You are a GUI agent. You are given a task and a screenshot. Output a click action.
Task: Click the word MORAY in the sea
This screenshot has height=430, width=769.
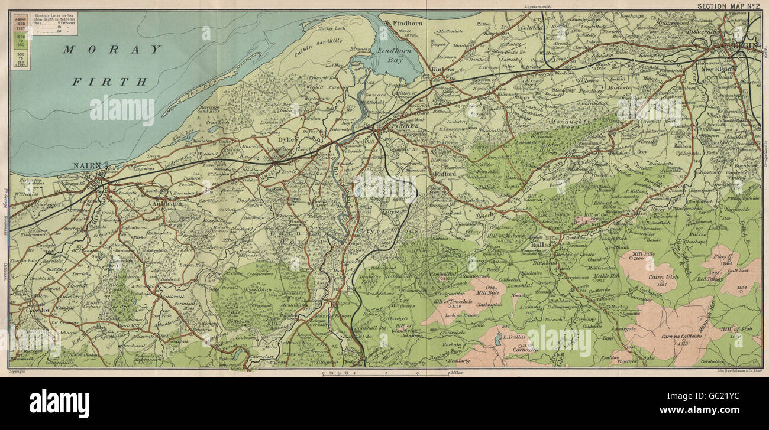(x=112, y=50)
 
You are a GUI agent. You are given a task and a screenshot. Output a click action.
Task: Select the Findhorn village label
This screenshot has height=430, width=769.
(x=408, y=24)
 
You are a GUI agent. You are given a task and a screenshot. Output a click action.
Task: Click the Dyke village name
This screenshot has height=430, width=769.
(x=286, y=140)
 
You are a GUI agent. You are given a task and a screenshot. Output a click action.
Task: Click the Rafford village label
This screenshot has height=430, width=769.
(x=445, y=174)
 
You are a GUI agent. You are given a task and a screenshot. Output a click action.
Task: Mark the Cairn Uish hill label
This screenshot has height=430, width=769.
(x=649, y=277)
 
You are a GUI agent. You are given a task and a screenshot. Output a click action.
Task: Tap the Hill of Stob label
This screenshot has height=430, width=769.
(x=736, y=328)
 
